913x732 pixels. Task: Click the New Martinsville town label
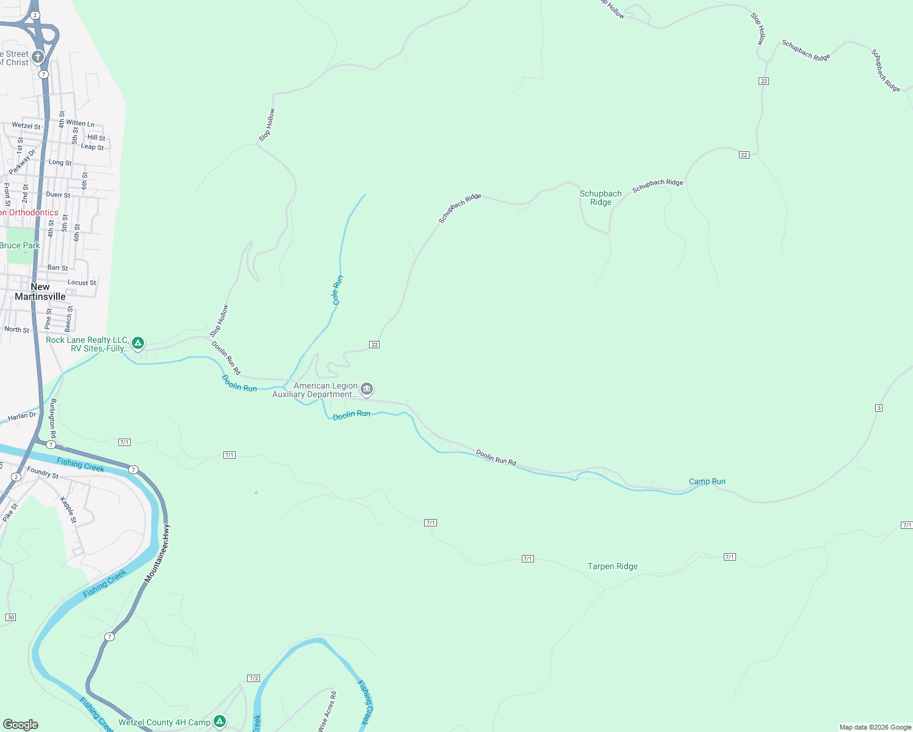pyautogui.click(x=40, y=292)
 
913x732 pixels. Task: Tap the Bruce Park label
pyautogui.click(x=20, y=245)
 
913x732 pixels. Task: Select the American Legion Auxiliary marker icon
pyautogui.click(x=367, y=389)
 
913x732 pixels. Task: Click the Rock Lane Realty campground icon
pyautogui.click(x=139, y=343)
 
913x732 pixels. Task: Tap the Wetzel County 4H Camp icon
pyautogui.click(x=220, y=722)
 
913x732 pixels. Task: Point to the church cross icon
pyautogui.click(x=38, y=57)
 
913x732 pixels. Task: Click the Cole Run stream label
pyautogui.click(x=337, y=290)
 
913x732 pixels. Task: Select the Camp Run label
pyautogui.click(x=707, y=481)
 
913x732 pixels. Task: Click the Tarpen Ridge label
pyautogui.click(x=612, y=566)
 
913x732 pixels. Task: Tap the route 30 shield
pyautogui.click(x=10, y=617)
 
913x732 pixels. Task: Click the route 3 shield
pyautogui.click(x=879, y=408)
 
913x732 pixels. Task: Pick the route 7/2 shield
pyautogui.click(x=254, y=678)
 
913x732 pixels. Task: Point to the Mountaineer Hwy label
pyautogui.click(x=158, y=553)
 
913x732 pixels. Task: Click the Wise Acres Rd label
pyautogui.click(x=327, y=711)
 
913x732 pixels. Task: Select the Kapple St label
pyautogui.click(x=68, y=509)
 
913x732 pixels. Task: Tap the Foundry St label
pyautogui.click(x=43, y=473)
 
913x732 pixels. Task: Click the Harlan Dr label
pyautogui.click(x=22, y=417)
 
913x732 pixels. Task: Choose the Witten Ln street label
pyautogui.click(x=80, y=123)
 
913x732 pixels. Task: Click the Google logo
pyautogui.click(x=21, y=724)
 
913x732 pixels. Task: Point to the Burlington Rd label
pyautogui.click(x=53, y=418)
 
